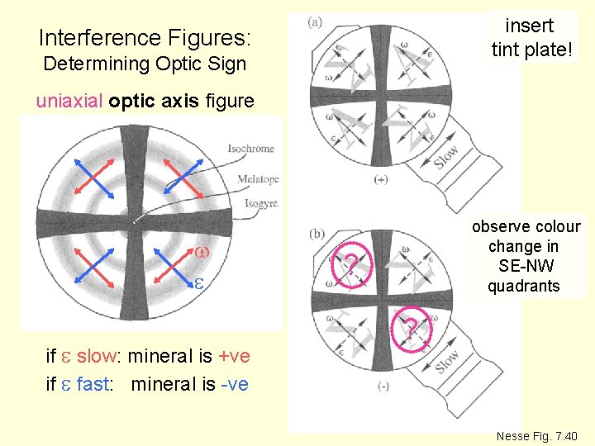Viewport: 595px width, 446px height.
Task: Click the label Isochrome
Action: pyautogui.click(x=250, y=149)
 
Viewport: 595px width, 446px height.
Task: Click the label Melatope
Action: pyautogui.click(x=257, y=178)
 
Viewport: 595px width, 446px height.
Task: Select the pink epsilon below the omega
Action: pyautogui.click(x=199, y=283)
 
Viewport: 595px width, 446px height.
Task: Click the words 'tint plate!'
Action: pyautogui.click(x=531, y=50)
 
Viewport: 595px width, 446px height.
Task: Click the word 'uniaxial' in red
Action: pyautogui.click(x=69, y=101)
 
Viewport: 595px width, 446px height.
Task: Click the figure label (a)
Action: pyautogui.click(x=315, y=21)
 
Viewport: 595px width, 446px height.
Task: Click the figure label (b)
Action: pyautogui.click(x=315, y=234)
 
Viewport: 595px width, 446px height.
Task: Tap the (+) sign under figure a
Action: pyautogui.click(x=382, y=180)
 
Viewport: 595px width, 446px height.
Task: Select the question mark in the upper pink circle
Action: pyautogui.click(x=350, y=264)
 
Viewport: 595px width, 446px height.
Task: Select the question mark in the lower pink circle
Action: pyautogui.click(x=411, y=330)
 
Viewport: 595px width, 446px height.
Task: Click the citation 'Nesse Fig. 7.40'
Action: pyautogui.click(x=536, y=435)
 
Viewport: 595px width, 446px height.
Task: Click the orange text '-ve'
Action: pyautogui.click(x=231, y=384)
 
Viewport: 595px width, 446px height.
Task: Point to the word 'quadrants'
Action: pyautogui.click(x=523, y=287)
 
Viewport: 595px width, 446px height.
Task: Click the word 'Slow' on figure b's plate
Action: pyautogui.click(x=447, y=362)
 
